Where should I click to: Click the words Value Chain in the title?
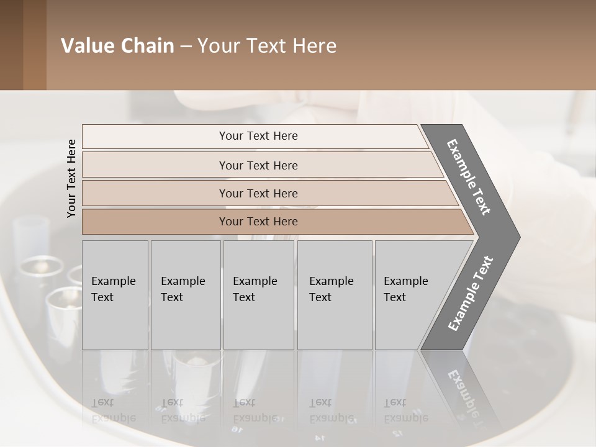pos(117,46)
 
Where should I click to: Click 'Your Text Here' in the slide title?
pos(267,46)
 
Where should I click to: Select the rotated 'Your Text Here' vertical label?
pos(71,178)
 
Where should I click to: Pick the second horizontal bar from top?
pos(258,165)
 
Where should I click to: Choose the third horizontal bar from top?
pos(258,193)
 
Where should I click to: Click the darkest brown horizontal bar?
pos(258,222)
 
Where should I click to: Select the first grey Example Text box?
pos(115,295)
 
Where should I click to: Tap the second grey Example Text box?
pos(186,295)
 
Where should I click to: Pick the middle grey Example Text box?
pos(258,295)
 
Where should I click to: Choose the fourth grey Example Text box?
pos(335,295)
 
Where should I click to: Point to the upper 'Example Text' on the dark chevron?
pos(469,177)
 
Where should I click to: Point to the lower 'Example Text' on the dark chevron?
pos(471,294)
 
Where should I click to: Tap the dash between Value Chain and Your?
pos(186,47)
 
